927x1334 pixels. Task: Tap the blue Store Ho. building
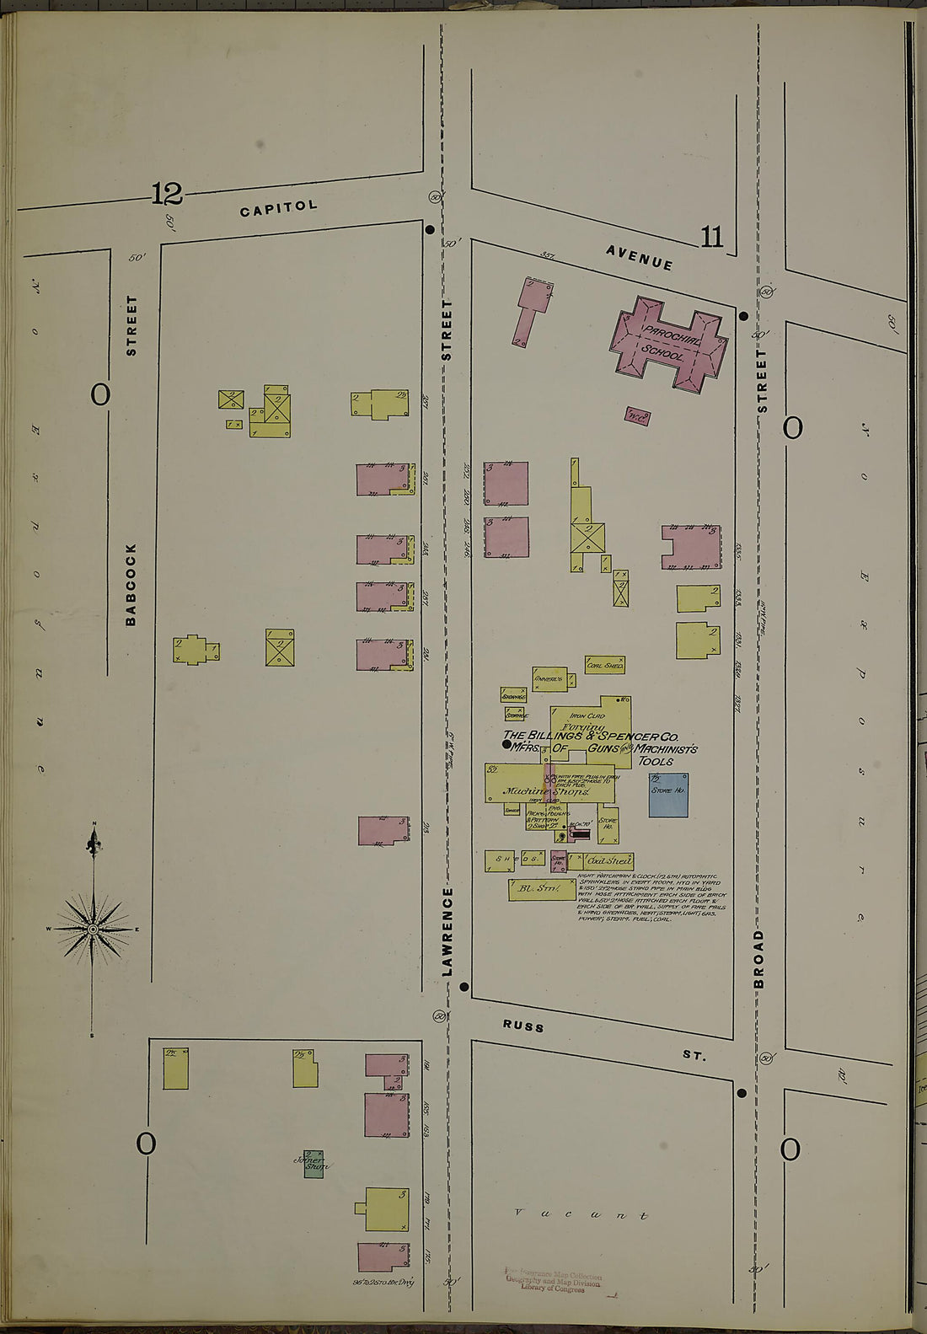coord(667,795)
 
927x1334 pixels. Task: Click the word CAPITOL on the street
coord(279,207)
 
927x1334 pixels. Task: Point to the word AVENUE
coord(639,257)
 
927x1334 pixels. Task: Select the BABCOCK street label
coord(131,584)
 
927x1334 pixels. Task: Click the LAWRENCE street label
coord(447,931)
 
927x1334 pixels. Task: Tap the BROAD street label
coord(758,959)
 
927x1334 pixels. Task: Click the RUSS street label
coord(523,1026)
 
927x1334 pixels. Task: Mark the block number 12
coord(167,195)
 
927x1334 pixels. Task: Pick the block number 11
coord(711,238)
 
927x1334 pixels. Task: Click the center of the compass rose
coord(94,929)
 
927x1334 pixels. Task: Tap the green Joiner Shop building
coord(313,1164)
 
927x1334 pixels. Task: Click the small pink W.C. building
coord(637,415)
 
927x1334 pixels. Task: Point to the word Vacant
coord(582,1215)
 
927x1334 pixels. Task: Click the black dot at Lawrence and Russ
coord(464,986)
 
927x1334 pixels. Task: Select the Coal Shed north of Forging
coord(605,665)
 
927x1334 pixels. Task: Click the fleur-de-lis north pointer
coord(94,841)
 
